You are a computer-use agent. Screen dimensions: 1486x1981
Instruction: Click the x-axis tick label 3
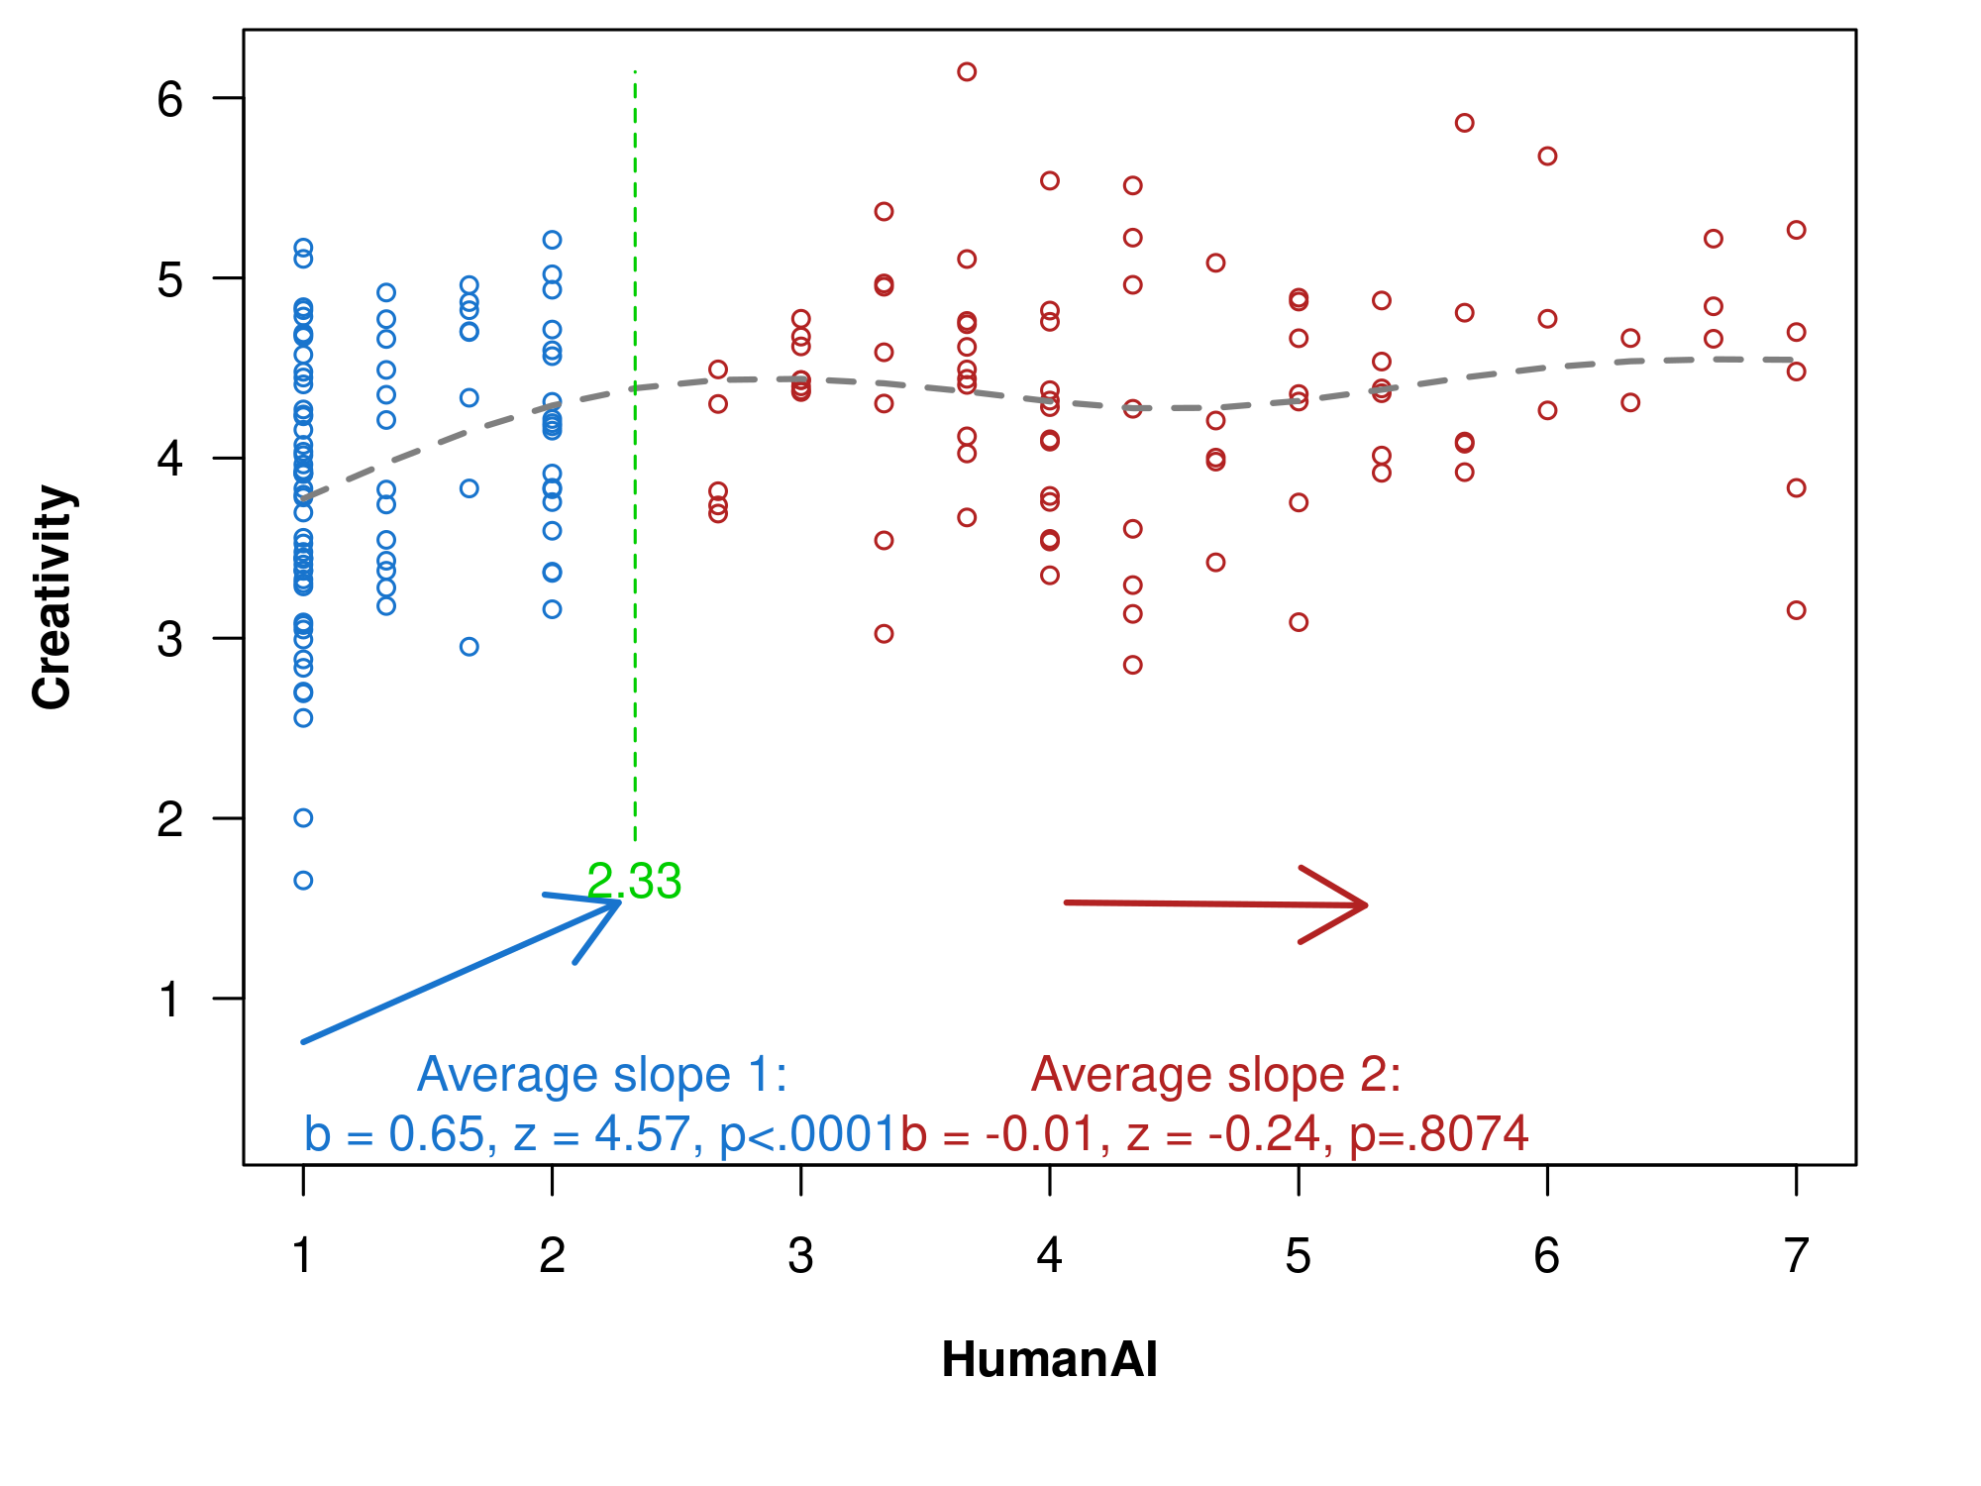pyautogui.click(x=800, y=1256)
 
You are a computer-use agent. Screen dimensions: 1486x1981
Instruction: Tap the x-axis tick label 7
pyautogui.click(x=1796, y=1256)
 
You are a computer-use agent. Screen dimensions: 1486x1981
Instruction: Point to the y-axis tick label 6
pyautogui.click(x=170, y=99)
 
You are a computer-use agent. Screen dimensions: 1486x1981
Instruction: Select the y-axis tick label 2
pyautogui.click(x=170, y=819)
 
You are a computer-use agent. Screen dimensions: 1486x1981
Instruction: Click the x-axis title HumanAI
pyautogui.click(x=1049, y=1359)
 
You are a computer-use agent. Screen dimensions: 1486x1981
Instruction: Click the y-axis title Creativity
pyautogui.click(x=52, y=597)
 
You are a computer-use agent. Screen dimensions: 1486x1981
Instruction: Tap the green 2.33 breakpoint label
pyautogui.click(x=634, y=881)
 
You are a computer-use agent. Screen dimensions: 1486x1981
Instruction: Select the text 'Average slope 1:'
pyautogui.click(x=602, y=1075)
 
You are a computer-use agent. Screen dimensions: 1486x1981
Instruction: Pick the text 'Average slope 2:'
pyautogui.click(x=1216, y=1075)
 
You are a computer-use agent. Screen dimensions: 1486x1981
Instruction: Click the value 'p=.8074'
pyautogui.click(x=1439, y=1134)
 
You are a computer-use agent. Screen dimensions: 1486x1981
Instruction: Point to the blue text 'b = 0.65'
pyautogui.click(x=399, y=1134)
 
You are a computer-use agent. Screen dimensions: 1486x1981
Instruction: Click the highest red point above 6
pyautogui.click(x=967, y=71)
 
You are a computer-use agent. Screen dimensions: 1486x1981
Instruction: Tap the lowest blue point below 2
pyautogui.click(x=303, y=881)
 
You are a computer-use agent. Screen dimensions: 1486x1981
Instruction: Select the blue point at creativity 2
pyautogui.click(x=303, y=817)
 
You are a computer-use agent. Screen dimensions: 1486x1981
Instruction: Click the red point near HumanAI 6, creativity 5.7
pyautogui.click(x=1547, y=157)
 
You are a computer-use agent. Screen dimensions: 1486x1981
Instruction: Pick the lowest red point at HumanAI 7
pyautogui.click(x=1796, y=610)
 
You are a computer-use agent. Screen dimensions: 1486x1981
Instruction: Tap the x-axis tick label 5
pyautogui.click(x=1298, y=1256)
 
